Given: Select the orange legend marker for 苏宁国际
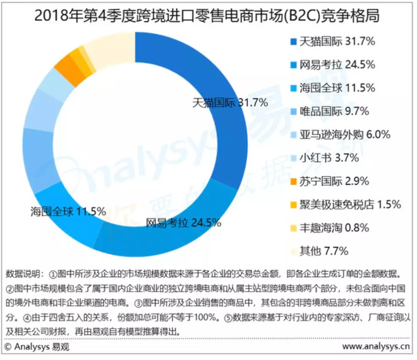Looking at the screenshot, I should pyautogui.click(x=293, y=181).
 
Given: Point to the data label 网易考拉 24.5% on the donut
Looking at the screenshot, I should pyautogui.click(x=183, y=222).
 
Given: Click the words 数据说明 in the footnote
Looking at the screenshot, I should pyautogui.click(x=23, y=275).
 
